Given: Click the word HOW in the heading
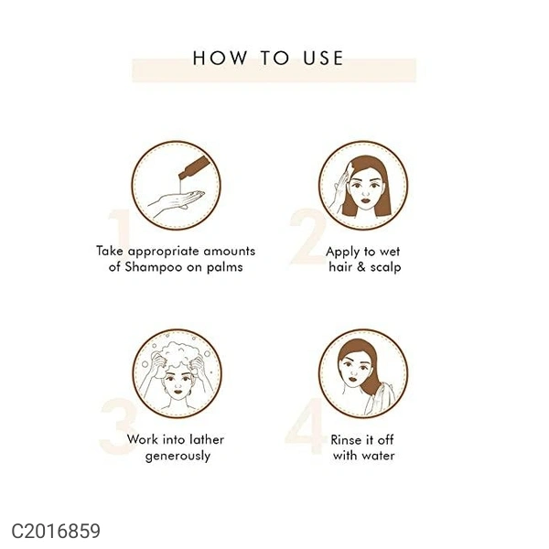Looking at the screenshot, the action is pos(220,58).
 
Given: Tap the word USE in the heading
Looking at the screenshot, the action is pos(323,58).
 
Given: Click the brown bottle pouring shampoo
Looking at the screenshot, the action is pos(194,167).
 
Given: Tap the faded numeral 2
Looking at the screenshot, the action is pos(308,237).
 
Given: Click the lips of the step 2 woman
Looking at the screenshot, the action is pos(365,200).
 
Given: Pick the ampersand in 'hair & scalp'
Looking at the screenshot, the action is pos(361,267).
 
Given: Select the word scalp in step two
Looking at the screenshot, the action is pos(385,267).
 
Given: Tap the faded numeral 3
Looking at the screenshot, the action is pos(117,426).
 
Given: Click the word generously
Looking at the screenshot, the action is pos(178,457).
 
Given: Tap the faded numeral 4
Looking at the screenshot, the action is pos(305,426).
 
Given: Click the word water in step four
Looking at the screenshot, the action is pos(379,456).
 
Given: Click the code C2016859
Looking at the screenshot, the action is pos(56,531).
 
